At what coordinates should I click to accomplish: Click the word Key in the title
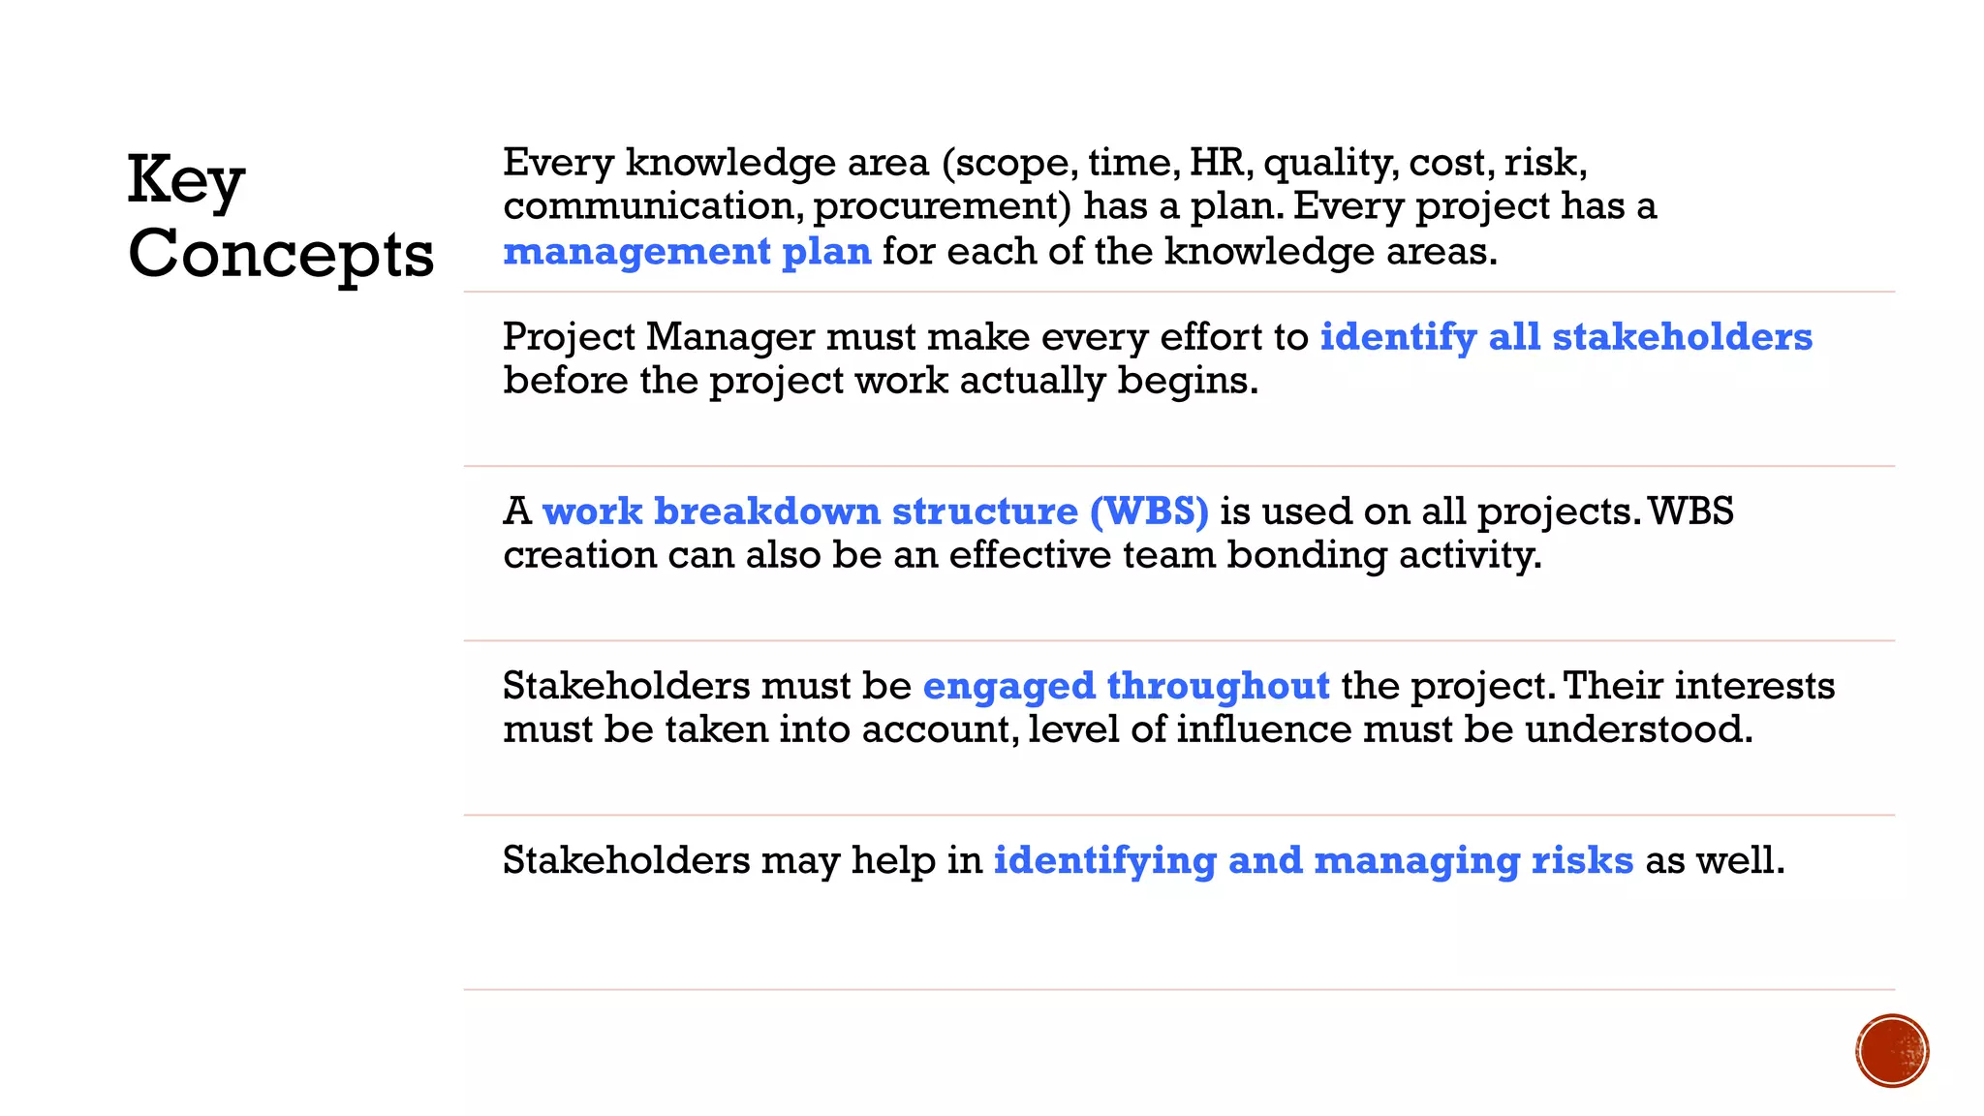pos(186,181)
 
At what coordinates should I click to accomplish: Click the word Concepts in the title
pos(281,255)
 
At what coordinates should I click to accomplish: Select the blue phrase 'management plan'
pos(687,252)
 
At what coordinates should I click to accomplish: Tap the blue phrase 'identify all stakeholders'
pos(1565,337)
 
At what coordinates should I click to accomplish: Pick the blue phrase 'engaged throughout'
pos(1126,686)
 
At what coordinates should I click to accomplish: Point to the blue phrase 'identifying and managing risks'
pos(1313,860)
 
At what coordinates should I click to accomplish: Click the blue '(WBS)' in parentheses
pos(1149,511)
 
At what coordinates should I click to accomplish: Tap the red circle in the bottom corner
pos(1892,1051)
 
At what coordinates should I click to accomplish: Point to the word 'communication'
pos(651,206)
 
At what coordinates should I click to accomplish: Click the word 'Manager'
pos(729,337)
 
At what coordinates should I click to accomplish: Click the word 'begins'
pos(1187,382)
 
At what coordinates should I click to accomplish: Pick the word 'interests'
pos(1754,686)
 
